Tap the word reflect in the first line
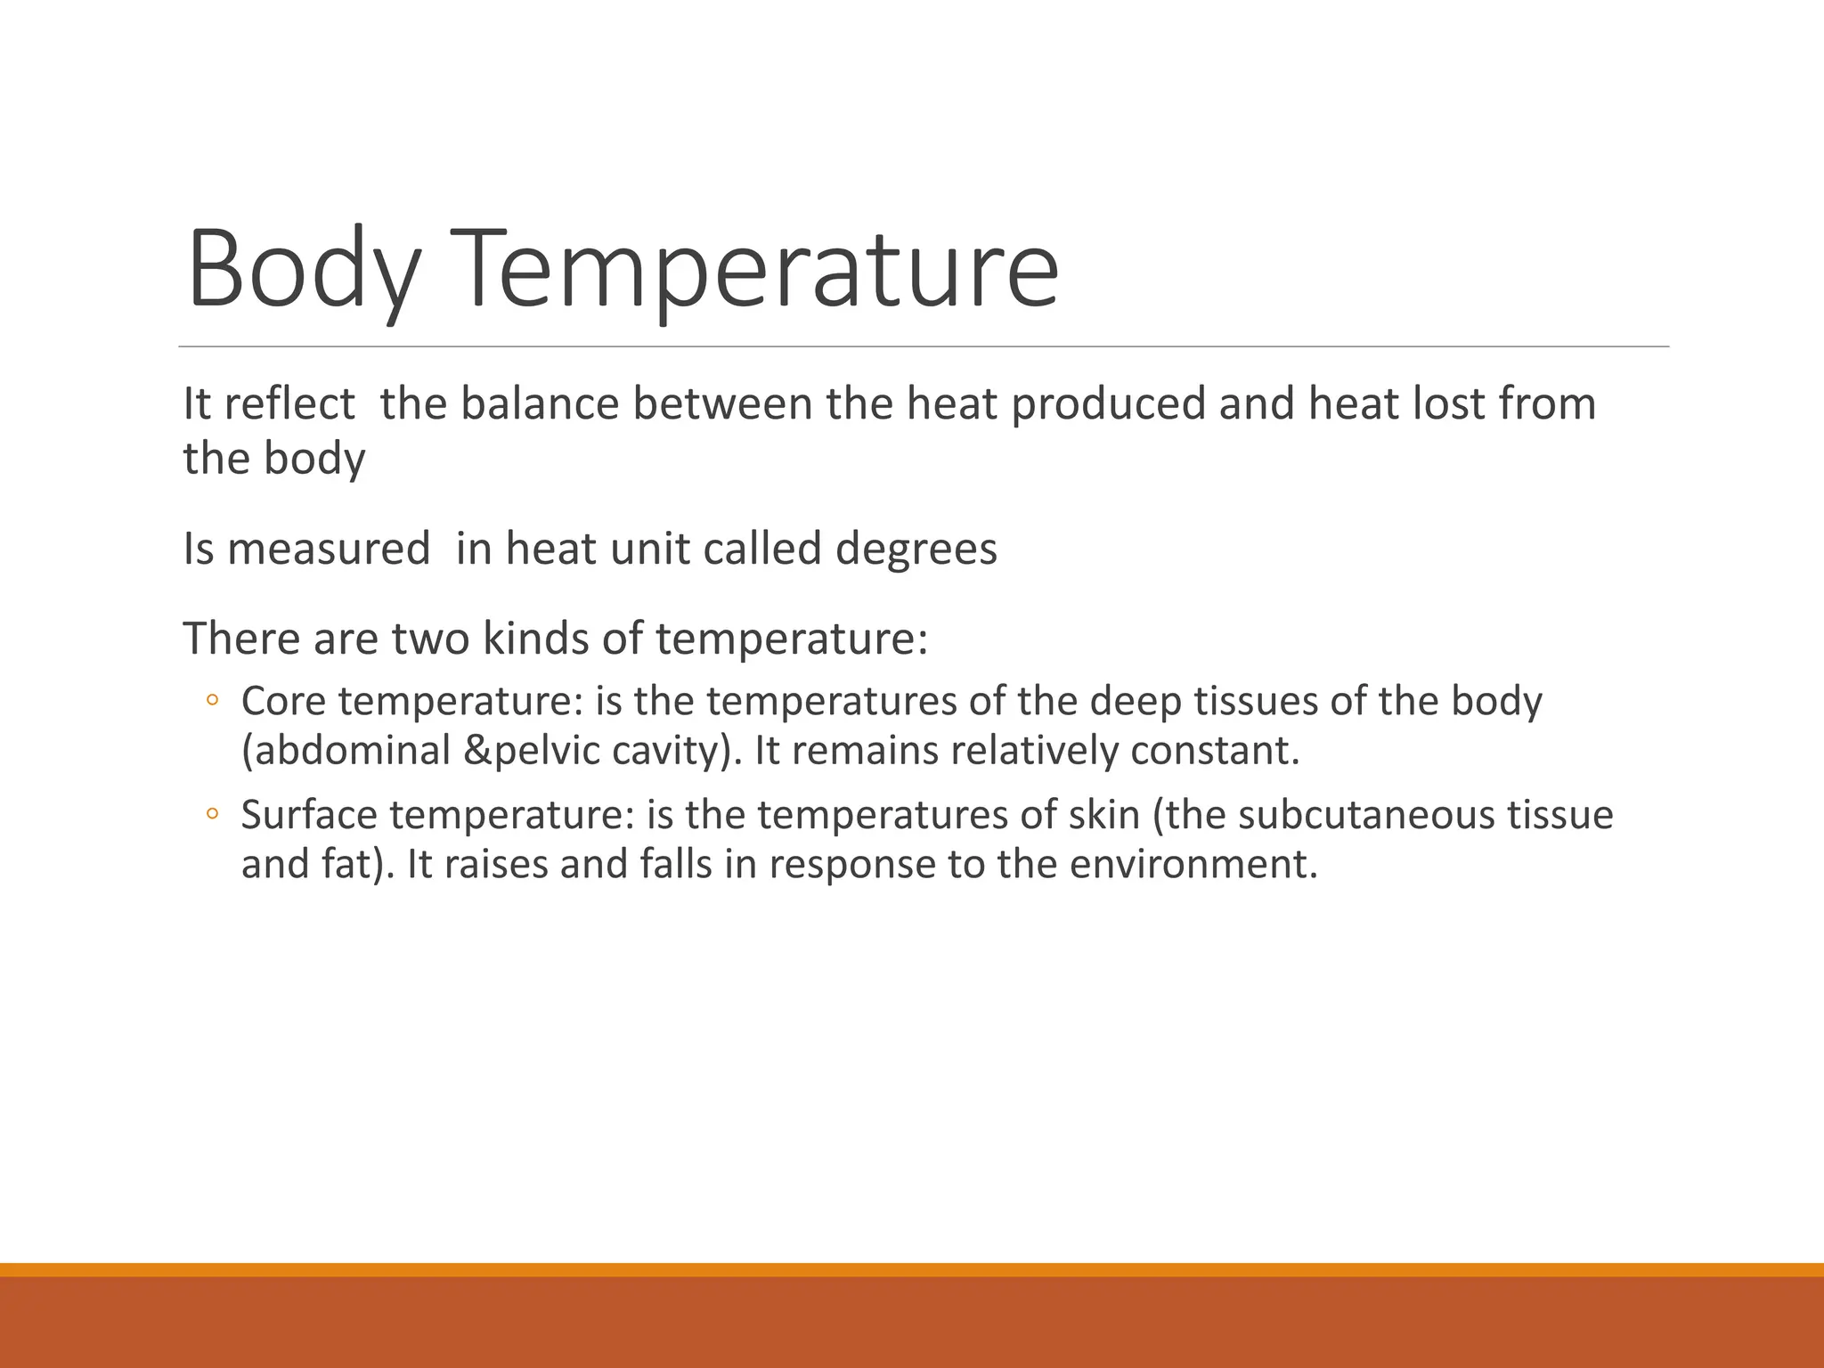click(289, 403)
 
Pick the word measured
click(329, 549)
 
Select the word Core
click(283, 702)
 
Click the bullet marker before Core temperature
click(212, 702)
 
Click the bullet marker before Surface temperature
click(212, 814)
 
